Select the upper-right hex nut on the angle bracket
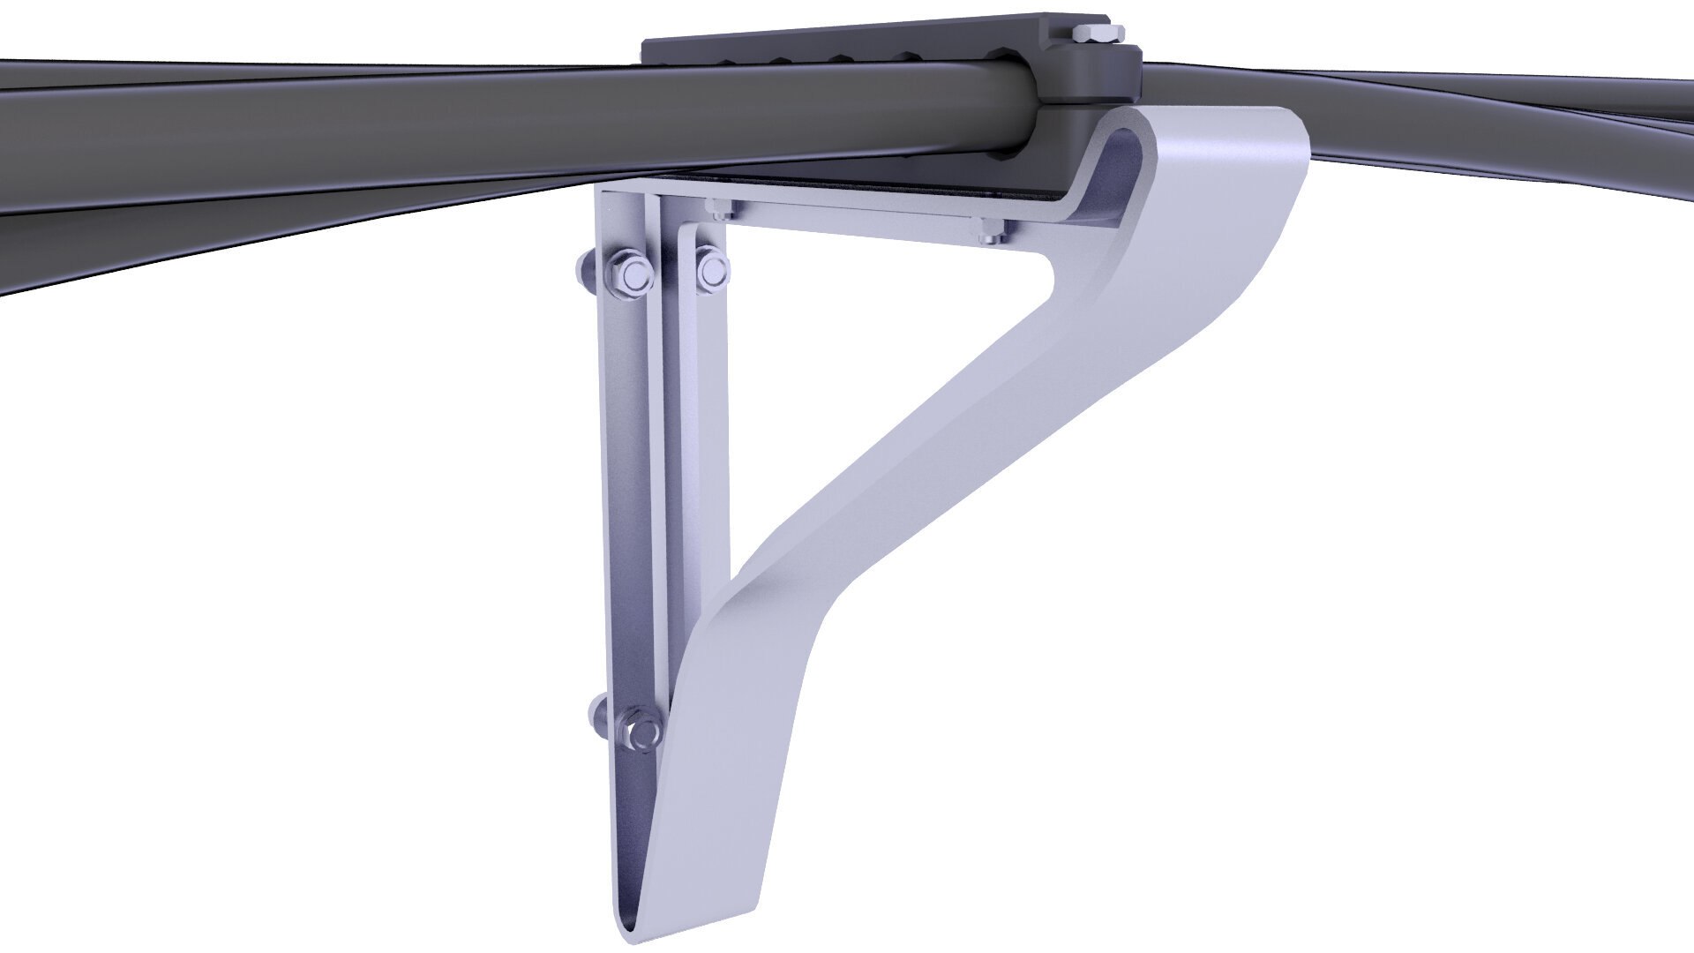(710, 270)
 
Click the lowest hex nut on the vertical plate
(639, 732)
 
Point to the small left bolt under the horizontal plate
(719, 209)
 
